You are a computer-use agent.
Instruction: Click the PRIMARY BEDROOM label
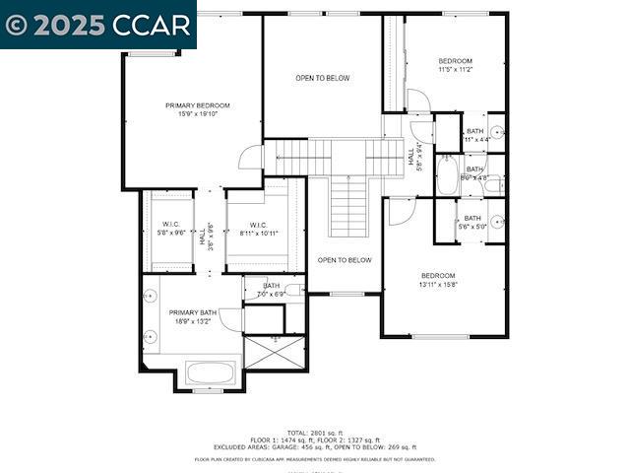pyautogui.click(x=197, y=105)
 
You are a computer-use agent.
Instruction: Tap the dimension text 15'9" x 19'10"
pyautogui.click(x=197, y=114)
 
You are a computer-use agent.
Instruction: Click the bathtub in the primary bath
pyautogui.click(x=211, y=373)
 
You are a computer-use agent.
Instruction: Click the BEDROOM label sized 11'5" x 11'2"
pyautogui.click(x=455, y=61)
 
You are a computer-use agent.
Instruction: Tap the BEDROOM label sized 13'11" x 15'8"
pyautogui.click(x=438, y=276)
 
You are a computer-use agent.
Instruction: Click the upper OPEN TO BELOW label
pyautogui.click(x=322, y=78)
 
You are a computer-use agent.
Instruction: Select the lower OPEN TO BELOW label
pyautogui.click(x=345, y=260)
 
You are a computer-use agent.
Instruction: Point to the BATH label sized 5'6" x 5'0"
pyautogui.click(x=472, y=218)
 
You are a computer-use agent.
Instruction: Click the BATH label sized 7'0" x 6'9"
pyautogui.click(x=271, y=286)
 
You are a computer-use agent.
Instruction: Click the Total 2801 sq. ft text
pyautogui.click(x=315, y=433)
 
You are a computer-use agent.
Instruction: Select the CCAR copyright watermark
pyautogui.click(x=97, y=24)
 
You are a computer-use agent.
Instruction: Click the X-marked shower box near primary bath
pyautogui.click(x=275, y=352)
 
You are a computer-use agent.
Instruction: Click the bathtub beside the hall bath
pyautogui.click(x=446, y=178)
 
